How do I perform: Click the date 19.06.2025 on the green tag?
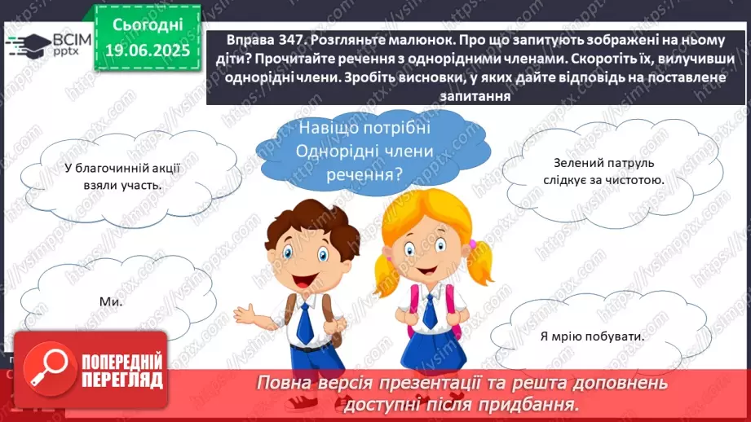point(148,50)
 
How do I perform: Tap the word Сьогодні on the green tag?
point(148,24)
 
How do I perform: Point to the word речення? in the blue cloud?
point(364,174)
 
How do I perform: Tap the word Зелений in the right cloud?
point(574,163)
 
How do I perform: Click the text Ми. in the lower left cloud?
point(111,301)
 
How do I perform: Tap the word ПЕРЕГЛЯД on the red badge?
point(122,380)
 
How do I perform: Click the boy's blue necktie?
point(306,322)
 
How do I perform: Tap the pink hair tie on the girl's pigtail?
point(473,244)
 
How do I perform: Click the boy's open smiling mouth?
point(303,280)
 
